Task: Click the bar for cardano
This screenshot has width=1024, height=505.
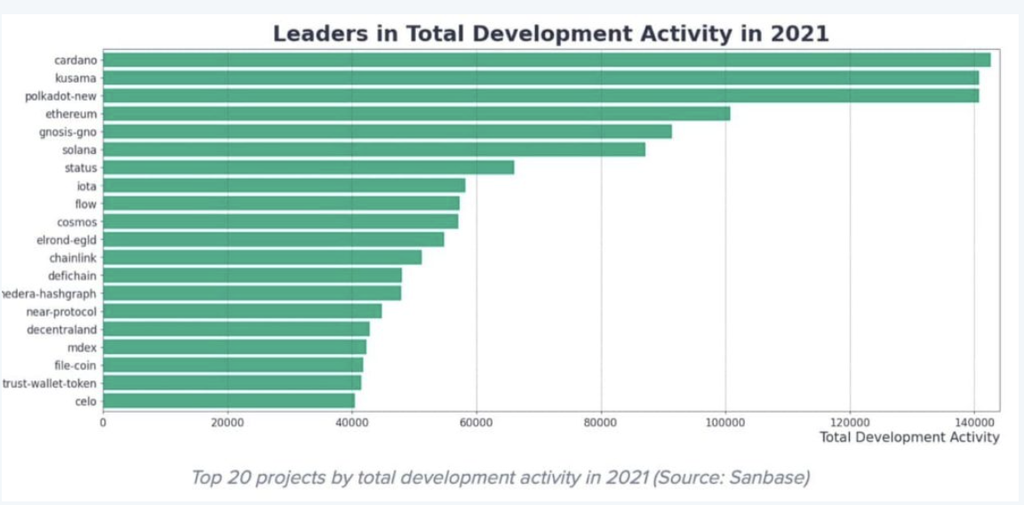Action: coord(546,60)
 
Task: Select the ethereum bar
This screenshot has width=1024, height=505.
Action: coord(416,114)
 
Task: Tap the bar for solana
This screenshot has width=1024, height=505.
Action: coord(373,149)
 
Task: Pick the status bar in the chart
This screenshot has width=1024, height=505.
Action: coord(308,167)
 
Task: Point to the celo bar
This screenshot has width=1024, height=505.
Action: coord(228,401)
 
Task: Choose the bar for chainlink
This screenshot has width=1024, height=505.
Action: coord(261,257)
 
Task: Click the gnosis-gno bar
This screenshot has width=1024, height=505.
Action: coord(387,132)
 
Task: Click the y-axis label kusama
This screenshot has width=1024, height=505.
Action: coord(76,78)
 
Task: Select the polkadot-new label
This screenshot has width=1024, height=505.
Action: coord(61,96)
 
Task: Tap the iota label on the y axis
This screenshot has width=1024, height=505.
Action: coord(86,186)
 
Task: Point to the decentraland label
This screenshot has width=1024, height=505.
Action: coord(61,329)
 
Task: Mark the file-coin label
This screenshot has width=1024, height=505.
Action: coord(76,365)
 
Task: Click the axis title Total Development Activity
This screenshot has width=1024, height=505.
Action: coord(908,437)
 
